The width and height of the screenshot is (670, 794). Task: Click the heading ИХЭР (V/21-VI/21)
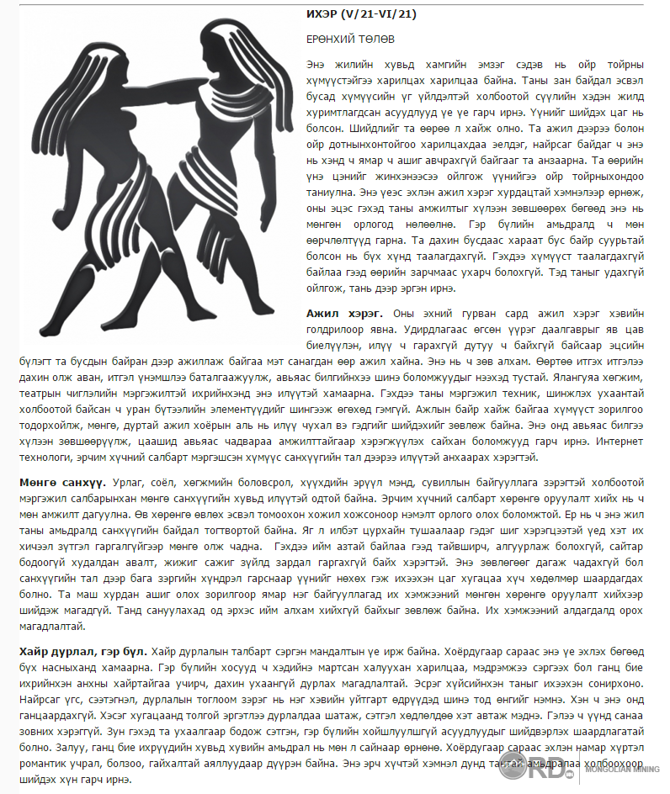pyautogui.click(x=360, y=14)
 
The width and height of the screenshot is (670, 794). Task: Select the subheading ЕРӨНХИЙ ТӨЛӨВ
pyautogui.click(x=350, y=40)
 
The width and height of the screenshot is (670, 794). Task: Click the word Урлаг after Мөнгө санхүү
pyautogui.click(x=128, y=484)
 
